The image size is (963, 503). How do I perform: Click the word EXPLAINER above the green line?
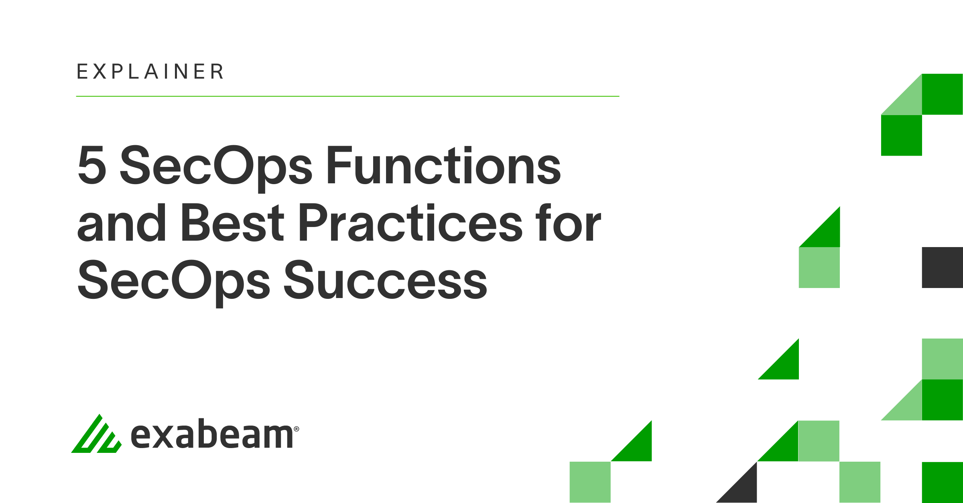pos(150,72)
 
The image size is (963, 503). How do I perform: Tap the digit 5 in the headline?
pos(92,165)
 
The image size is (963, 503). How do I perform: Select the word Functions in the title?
pos(444,165)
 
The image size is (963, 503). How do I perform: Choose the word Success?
pos(385,280)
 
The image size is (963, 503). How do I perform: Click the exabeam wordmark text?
pos(212,435)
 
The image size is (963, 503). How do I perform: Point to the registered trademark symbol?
pos(297,429)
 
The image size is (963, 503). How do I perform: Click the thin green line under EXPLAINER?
pos(347,96)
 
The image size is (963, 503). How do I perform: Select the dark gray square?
pos(942,267)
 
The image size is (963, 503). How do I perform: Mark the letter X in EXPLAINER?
pos(100,72)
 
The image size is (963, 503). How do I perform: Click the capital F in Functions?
pos(339,165)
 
